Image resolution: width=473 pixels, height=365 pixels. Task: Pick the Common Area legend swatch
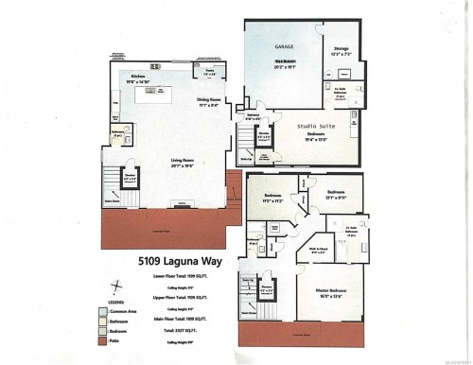[x=103, y=310]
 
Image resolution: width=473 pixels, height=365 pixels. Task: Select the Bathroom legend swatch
[x=103, y=322]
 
